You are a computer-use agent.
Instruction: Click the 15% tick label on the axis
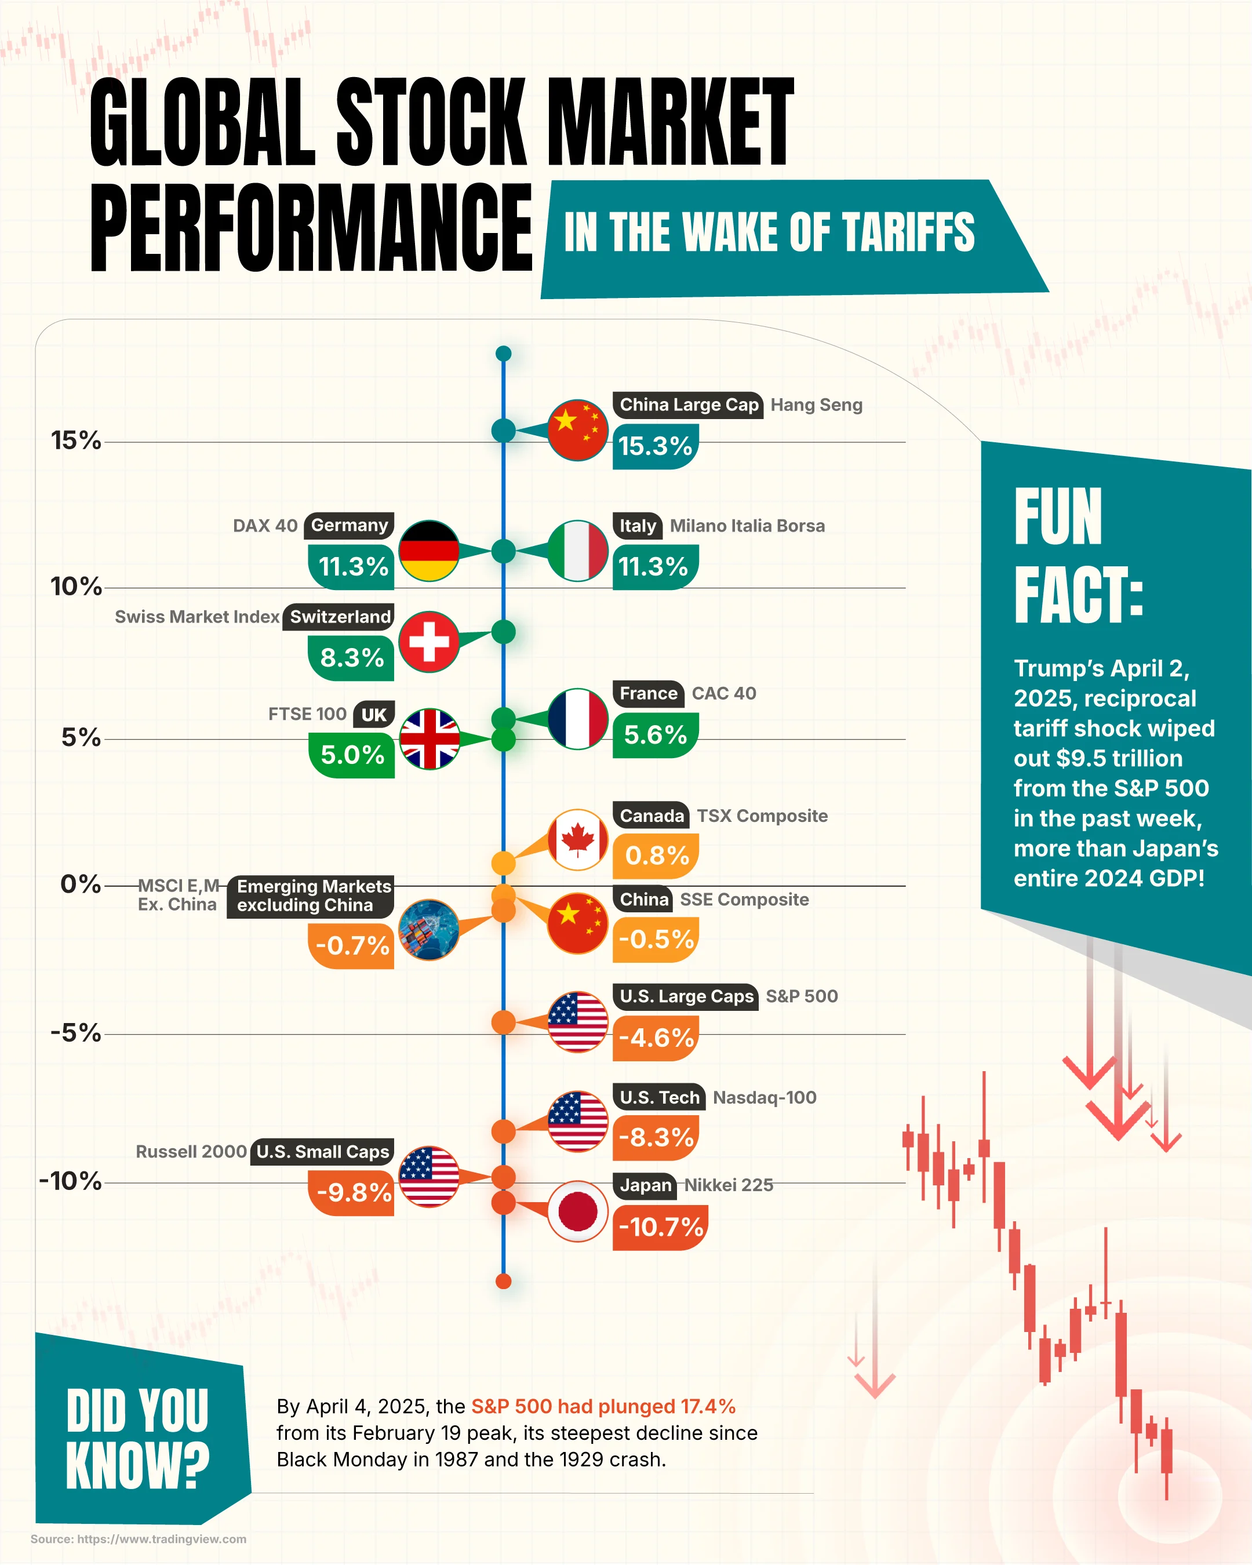[x=75, y=441]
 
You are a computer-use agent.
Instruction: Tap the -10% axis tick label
[x=70, y=1181]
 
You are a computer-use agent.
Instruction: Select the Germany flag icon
[x=429, y=551]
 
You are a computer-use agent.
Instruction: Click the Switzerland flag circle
[x=429, y=642]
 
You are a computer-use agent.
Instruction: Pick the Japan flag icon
[x=578, y=1211]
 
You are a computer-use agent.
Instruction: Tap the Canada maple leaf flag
[x=578, y=840]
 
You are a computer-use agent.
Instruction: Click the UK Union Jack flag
[x=429, y=739]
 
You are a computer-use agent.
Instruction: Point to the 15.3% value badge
[x=654, y=446]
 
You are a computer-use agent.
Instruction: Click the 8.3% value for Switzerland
[x=351, y=658]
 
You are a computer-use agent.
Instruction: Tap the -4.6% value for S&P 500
[x=656, y=1038]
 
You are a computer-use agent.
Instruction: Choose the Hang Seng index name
[x=816, y=405]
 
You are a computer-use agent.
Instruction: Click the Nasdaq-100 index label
[x=765, y=1098]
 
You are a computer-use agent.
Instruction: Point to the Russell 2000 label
[x=191, y=1152]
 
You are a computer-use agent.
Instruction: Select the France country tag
[x=648, y=694]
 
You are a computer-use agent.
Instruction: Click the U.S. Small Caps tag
[x=322, y=1152]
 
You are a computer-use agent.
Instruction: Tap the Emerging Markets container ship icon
[x=429, y=930]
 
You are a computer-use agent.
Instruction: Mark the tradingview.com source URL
[x=161, y=1539]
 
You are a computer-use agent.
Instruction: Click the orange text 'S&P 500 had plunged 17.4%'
[x=603, y=1407]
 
